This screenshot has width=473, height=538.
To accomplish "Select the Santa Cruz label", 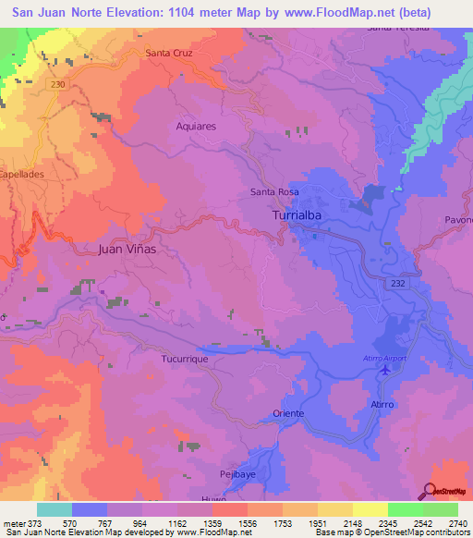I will click(x=168, y=53).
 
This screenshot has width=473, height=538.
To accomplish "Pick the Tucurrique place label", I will click(x=175, y=357).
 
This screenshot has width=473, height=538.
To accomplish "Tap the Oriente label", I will click(x=288, y=413).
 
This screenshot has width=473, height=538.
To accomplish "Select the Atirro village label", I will click(x=383, y=405).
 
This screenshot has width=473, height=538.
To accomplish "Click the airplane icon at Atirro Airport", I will click(x=385, y=370).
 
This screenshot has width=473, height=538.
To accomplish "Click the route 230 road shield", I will click(x=59, y=84).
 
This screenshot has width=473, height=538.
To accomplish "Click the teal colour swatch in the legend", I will click(x=55, y=509).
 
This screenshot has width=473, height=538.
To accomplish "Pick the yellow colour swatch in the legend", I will click(x=370, y=509).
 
